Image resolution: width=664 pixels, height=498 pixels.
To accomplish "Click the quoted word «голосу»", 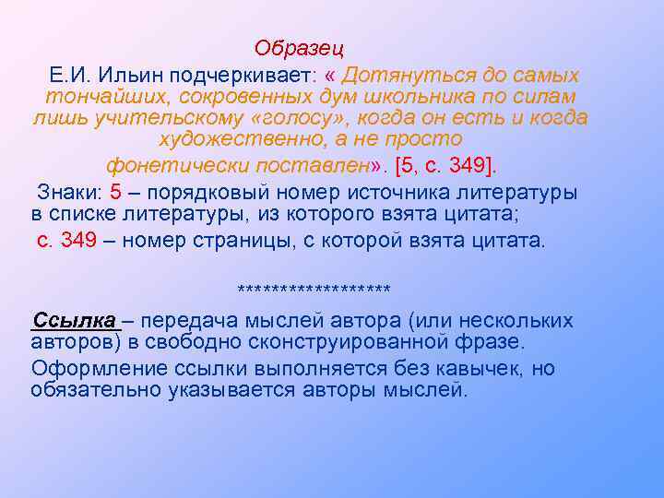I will [x=295, y=119].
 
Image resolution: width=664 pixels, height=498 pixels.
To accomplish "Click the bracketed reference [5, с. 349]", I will [x=445, y=167].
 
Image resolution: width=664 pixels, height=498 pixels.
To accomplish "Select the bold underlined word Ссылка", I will [x=75, y=320].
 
